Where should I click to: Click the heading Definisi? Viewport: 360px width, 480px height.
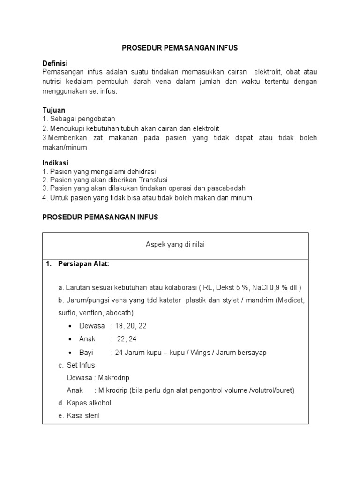point(55,63)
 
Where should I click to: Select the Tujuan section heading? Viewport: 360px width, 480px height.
point(54,110)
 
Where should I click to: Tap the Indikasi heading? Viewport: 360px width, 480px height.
point(55,163)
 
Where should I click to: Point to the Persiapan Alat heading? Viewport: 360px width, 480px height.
point(83,264)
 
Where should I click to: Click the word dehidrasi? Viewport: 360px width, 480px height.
point(141,171)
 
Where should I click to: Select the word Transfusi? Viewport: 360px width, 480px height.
point(151,180)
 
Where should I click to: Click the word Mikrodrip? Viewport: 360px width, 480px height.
point(112,390)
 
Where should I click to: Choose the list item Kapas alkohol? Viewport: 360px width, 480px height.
point(89,403)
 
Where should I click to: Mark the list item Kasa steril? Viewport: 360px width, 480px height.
point(83,415)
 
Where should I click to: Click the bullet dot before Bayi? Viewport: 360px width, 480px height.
point(70,352)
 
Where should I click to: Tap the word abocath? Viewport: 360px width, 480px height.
point(120,312)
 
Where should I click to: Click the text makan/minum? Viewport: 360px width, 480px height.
point(65,147)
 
